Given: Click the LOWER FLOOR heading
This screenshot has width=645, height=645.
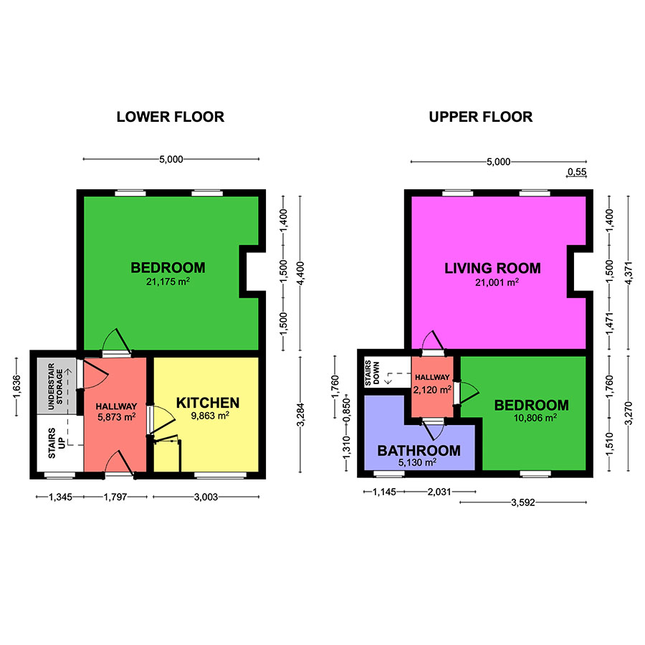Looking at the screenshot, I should click(x=171, y=117).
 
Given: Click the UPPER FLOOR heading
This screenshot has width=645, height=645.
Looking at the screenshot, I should click(x=481, y=117).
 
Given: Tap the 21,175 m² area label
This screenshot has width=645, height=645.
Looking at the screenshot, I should click(x=168, y=282).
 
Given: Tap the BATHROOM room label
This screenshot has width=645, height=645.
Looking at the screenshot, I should click(x=419, y=451).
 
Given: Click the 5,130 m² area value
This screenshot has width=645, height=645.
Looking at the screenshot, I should click(x=419, y=462).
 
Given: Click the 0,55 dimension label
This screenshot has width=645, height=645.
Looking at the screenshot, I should click(x=577, y=172).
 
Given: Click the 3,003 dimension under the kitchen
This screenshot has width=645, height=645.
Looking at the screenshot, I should click(x=206, y=496).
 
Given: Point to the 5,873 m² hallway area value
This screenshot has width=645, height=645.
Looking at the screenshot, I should click(x=115, y=416).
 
